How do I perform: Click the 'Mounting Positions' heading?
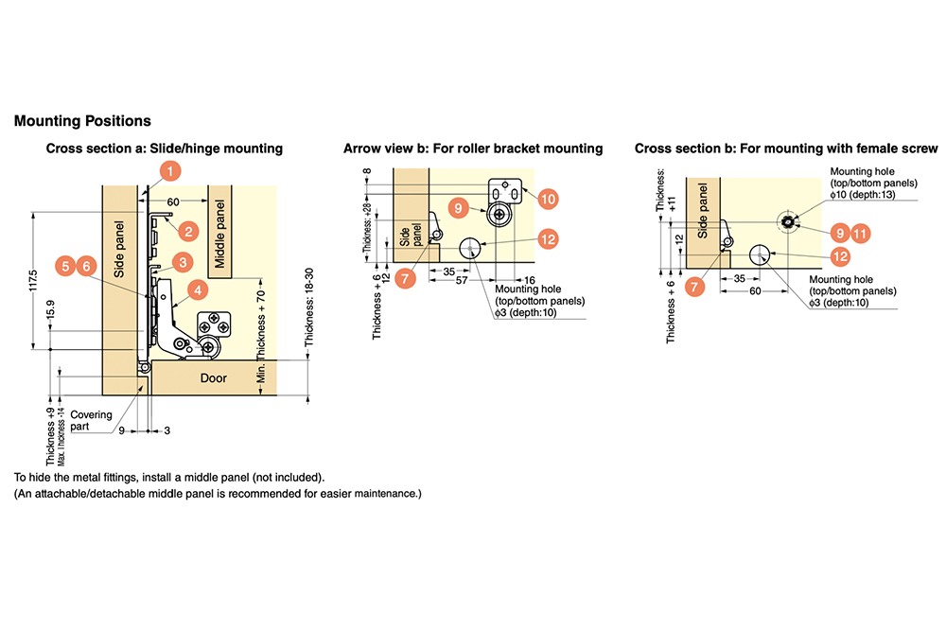(x=82, y=121)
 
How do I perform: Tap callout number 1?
(x=169, y=171)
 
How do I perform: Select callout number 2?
(x=188, y=230)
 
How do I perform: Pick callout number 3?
(x=183, y=261)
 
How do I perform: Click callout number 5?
(x=65, y=267)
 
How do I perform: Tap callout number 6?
(x=86, y=267)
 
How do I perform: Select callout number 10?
(x=548, y=198)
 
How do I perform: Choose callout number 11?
(x=859, y=232)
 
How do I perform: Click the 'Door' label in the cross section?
(x=214, y=377)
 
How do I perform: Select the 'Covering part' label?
(x=91, y=421)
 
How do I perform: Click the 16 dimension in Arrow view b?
(x=529, y=281)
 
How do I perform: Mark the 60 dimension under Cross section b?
(x=755, y=291)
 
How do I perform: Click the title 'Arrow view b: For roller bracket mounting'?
(x=473, y=149)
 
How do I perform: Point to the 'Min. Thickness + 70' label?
(x=262, y=322)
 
